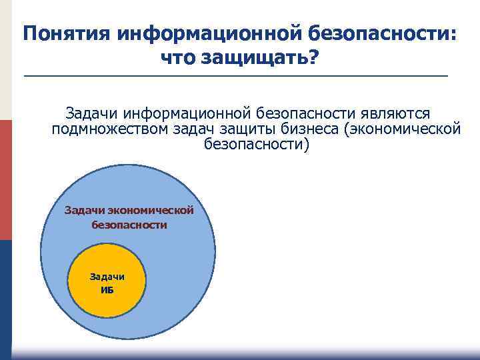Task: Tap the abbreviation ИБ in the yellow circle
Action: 107,289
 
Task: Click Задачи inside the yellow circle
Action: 107,277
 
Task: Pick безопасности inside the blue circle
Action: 129,225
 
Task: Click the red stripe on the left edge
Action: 5,180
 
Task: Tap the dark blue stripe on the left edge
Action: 5,293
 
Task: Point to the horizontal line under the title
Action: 237,77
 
